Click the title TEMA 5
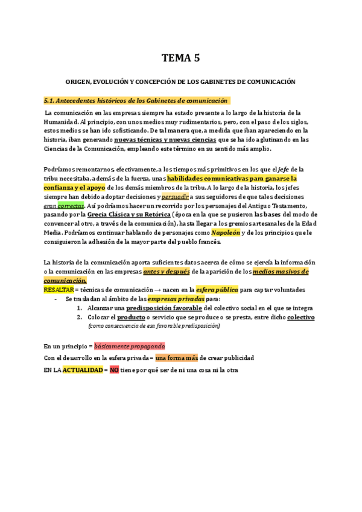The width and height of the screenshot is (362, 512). coord(180,59)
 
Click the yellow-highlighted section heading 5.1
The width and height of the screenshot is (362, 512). coord(137,100)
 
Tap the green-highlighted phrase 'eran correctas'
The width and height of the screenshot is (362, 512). coord(64,205)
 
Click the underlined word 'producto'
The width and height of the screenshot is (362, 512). coord(131,317)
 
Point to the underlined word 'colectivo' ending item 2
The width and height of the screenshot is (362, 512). coord(300,317)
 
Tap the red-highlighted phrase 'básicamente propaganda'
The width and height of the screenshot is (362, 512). coord(130,347)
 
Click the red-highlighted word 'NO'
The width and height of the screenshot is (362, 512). coord(114,369)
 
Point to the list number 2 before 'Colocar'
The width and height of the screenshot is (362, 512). coord(80,317)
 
